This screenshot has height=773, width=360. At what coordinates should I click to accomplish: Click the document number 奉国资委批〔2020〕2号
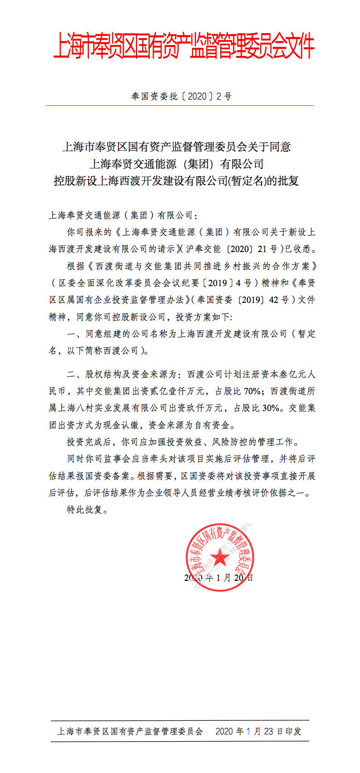click(181, 96)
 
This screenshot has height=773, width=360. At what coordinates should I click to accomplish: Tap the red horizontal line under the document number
click(180, 106)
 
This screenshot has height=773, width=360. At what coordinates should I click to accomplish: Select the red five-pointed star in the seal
click(220, 556)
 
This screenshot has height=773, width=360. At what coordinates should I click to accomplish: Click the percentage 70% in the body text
click(252, 391)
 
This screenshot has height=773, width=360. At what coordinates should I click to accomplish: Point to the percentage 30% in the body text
click(271, 408)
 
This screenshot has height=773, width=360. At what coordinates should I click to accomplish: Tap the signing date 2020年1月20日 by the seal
click(218, 578)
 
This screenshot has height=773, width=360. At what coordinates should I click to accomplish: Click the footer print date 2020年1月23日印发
click(258, 731)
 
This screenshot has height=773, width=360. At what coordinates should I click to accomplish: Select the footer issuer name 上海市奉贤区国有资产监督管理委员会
click(130, 731)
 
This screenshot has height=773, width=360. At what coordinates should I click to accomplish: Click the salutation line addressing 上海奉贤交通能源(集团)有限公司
click(123, 215)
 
